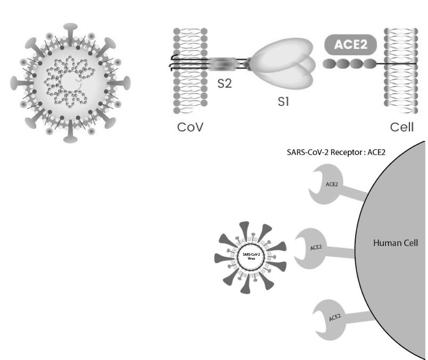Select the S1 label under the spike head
(x=284, y=103)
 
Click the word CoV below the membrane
(x=190, y=128)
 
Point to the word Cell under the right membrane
(x=401, y=128)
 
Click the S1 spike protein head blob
(x=287, y=66)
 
